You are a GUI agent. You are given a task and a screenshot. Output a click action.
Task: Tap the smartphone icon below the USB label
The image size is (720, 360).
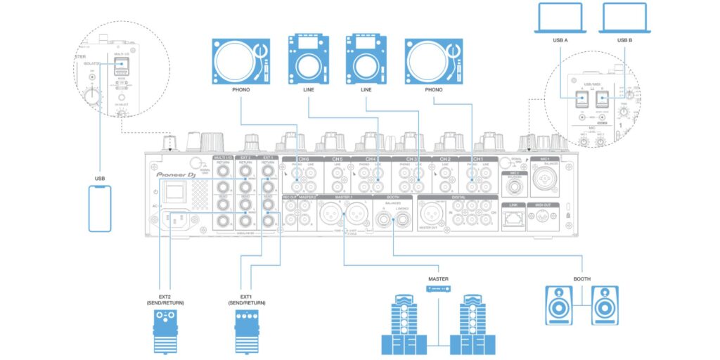pos(101,209)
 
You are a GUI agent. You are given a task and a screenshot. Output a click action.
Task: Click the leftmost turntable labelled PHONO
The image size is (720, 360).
pos(241,61)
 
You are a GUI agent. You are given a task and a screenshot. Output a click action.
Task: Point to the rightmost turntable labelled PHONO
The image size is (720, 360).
pos(435,61)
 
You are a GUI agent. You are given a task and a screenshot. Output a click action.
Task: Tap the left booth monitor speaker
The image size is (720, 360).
pos(560,304)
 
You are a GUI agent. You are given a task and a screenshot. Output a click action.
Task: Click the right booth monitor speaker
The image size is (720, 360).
pos(605,304)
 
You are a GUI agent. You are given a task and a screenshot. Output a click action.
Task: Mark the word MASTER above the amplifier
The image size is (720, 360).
pos(438,279)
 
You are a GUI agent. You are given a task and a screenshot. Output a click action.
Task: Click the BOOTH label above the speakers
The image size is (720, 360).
pos(581,279)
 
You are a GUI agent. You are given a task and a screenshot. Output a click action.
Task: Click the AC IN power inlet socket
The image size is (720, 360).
pos(176,220)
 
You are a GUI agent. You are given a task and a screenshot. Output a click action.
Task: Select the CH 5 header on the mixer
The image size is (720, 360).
pos(337,160)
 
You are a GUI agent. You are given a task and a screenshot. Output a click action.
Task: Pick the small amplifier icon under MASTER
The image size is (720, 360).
pos(438,290)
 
